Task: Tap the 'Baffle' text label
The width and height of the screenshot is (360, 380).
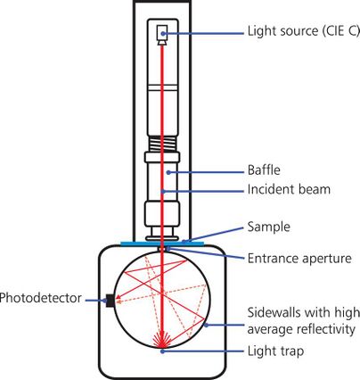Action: point(264,169)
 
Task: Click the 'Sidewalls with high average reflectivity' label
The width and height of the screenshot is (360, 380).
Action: point(302,320)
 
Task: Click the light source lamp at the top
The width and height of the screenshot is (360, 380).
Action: point(161,34)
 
